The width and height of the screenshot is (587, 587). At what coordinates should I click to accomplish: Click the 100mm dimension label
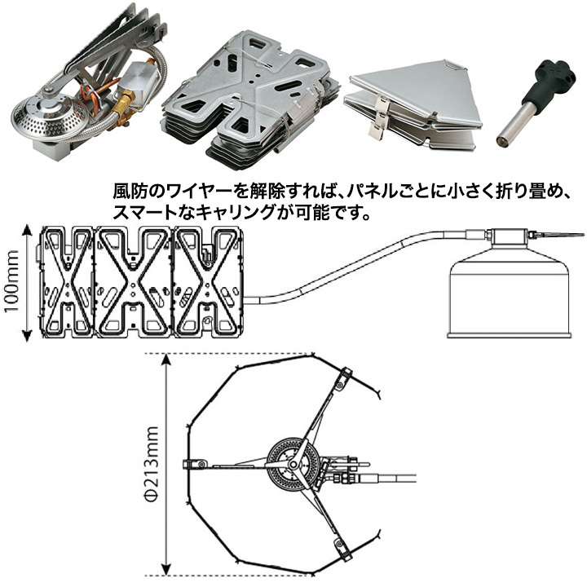11,281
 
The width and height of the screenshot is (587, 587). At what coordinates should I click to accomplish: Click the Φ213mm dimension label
152,464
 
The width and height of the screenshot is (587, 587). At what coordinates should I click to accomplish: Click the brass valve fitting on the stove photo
124,108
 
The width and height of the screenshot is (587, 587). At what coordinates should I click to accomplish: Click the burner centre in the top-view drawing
293,464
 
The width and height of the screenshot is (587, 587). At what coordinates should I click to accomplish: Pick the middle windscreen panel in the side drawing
133,280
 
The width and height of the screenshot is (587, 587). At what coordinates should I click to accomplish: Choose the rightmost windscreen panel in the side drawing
208,280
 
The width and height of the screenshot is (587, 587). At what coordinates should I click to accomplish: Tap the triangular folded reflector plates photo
413,105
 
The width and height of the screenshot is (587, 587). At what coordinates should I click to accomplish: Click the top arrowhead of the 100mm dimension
27,229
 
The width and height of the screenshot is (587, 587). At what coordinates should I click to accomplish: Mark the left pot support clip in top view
194,464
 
